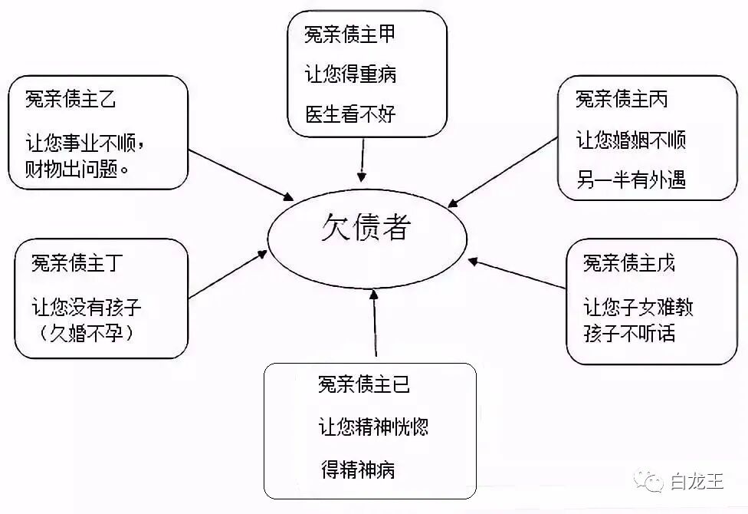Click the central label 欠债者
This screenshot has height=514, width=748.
[x=366, y=228]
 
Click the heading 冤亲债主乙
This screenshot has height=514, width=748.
[x=71, y=100]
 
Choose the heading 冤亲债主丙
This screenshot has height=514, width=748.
[x=622, y=99]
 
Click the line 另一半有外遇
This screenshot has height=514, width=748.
[x=631, y=180]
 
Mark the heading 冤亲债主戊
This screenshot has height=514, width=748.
[x=629, y=264]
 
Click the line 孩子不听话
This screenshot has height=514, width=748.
[x=629, y=334]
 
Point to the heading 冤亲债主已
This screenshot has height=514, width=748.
[x=364, y=384]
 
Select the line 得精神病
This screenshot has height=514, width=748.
[x=358, y=470]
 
